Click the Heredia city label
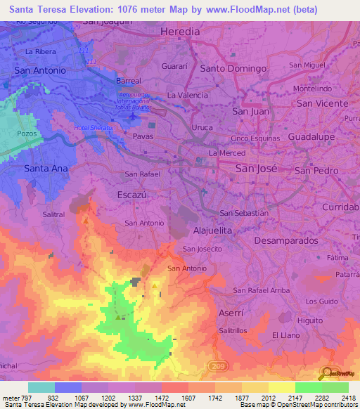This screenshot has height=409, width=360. [x=180, y=32]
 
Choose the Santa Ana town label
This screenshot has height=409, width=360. [x=46, y=169]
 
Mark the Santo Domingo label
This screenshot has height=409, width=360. [x=233, y=69]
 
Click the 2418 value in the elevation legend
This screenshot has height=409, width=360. [x=347, y=397]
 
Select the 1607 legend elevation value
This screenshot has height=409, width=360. [x=187, y=397]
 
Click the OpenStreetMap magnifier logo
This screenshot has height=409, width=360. [x=327, y=373]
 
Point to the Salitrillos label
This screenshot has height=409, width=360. [x=236, y=330]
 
